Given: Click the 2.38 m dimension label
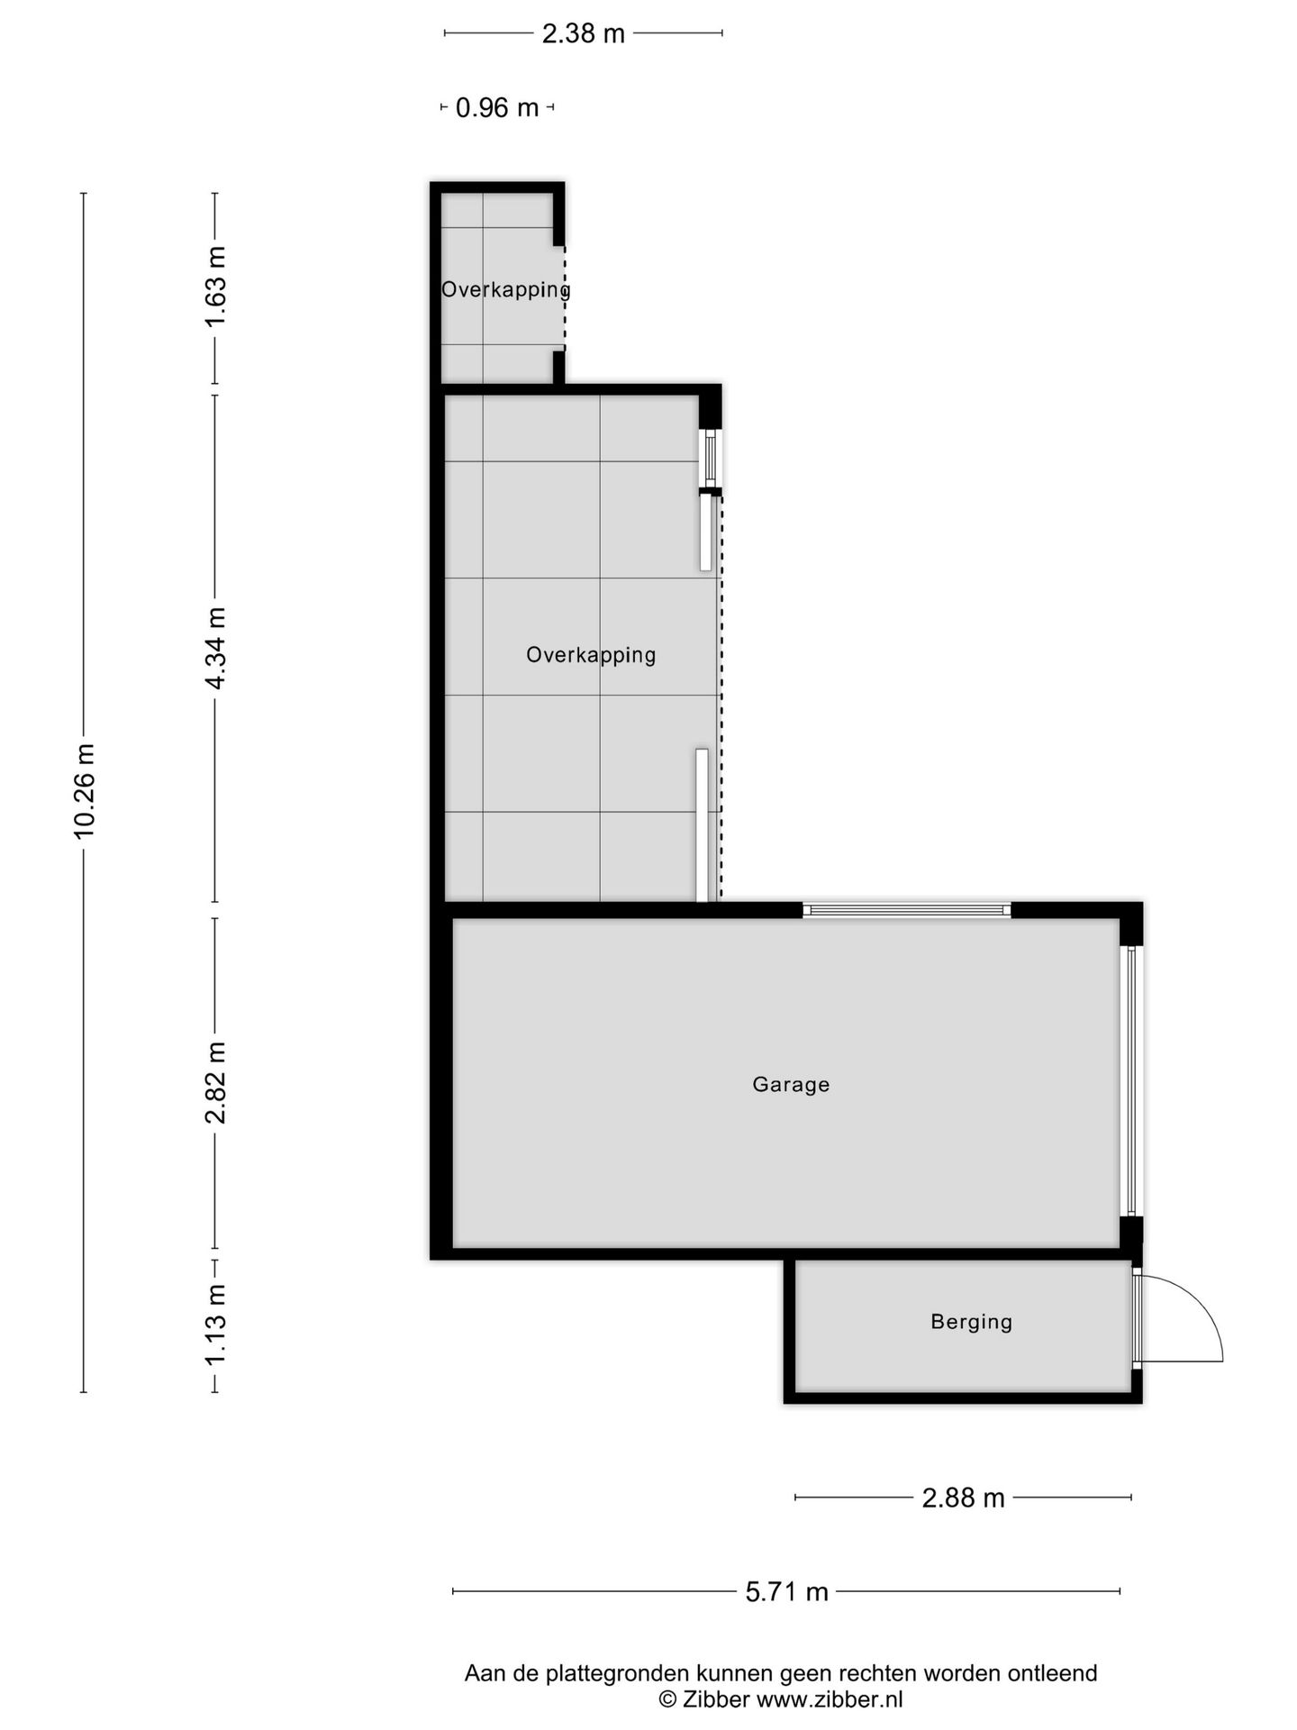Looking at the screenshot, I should [x=583, y=34].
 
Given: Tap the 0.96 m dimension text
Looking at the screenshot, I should [x=496, y=108].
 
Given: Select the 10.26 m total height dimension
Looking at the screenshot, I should [x=85, y=791].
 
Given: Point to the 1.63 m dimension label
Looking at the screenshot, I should [x=216, y=287].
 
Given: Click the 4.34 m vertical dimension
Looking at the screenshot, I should [x=216, y=648].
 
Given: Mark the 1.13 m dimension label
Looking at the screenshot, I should [x=216, y=1324].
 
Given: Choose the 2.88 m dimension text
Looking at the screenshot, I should [x=963, y=1498].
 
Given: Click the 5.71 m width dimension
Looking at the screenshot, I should [x=786, y=1591].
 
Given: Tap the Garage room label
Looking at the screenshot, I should [x=791, y=1084].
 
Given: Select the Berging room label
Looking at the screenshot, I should [x=971, y=1322].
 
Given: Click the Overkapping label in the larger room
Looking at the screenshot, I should [x=591, y=655].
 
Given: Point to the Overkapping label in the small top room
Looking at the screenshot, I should [x=505, y=290].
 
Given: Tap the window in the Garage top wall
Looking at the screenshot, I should [x=906, y=910].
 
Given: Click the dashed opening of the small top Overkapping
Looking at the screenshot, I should [x=565, y=297].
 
